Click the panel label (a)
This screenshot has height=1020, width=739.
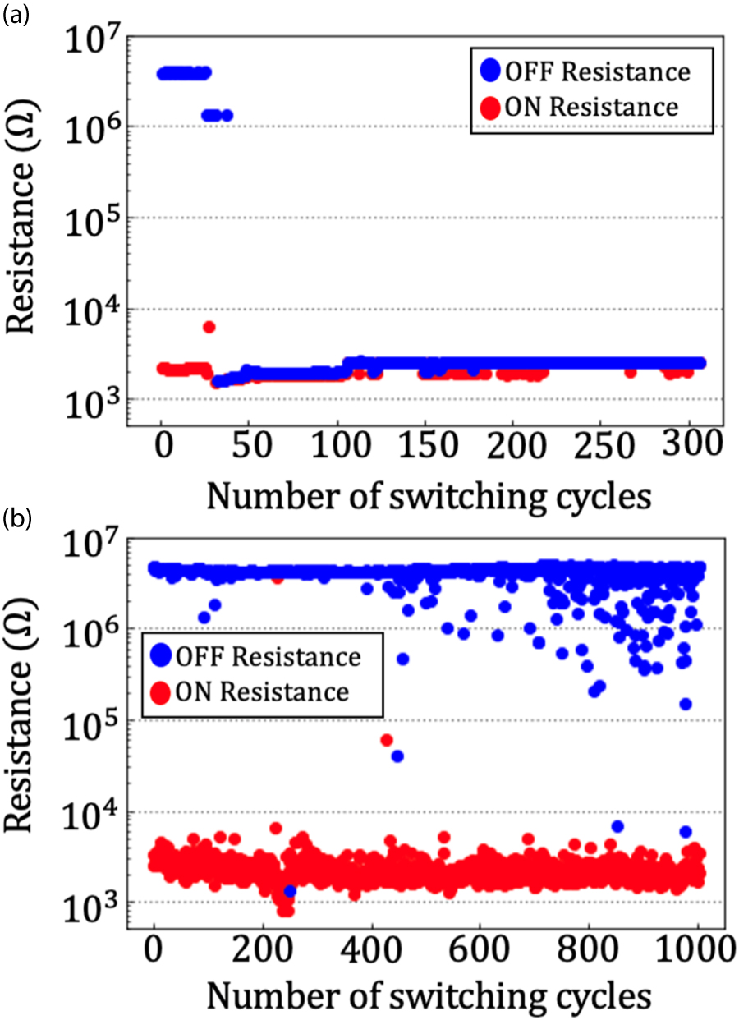click(16, 16)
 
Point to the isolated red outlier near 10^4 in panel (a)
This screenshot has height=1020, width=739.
click(209, 327)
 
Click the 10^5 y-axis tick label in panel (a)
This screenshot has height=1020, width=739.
click(100, 219)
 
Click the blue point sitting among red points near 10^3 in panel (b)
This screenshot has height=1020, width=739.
click(289, 891)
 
